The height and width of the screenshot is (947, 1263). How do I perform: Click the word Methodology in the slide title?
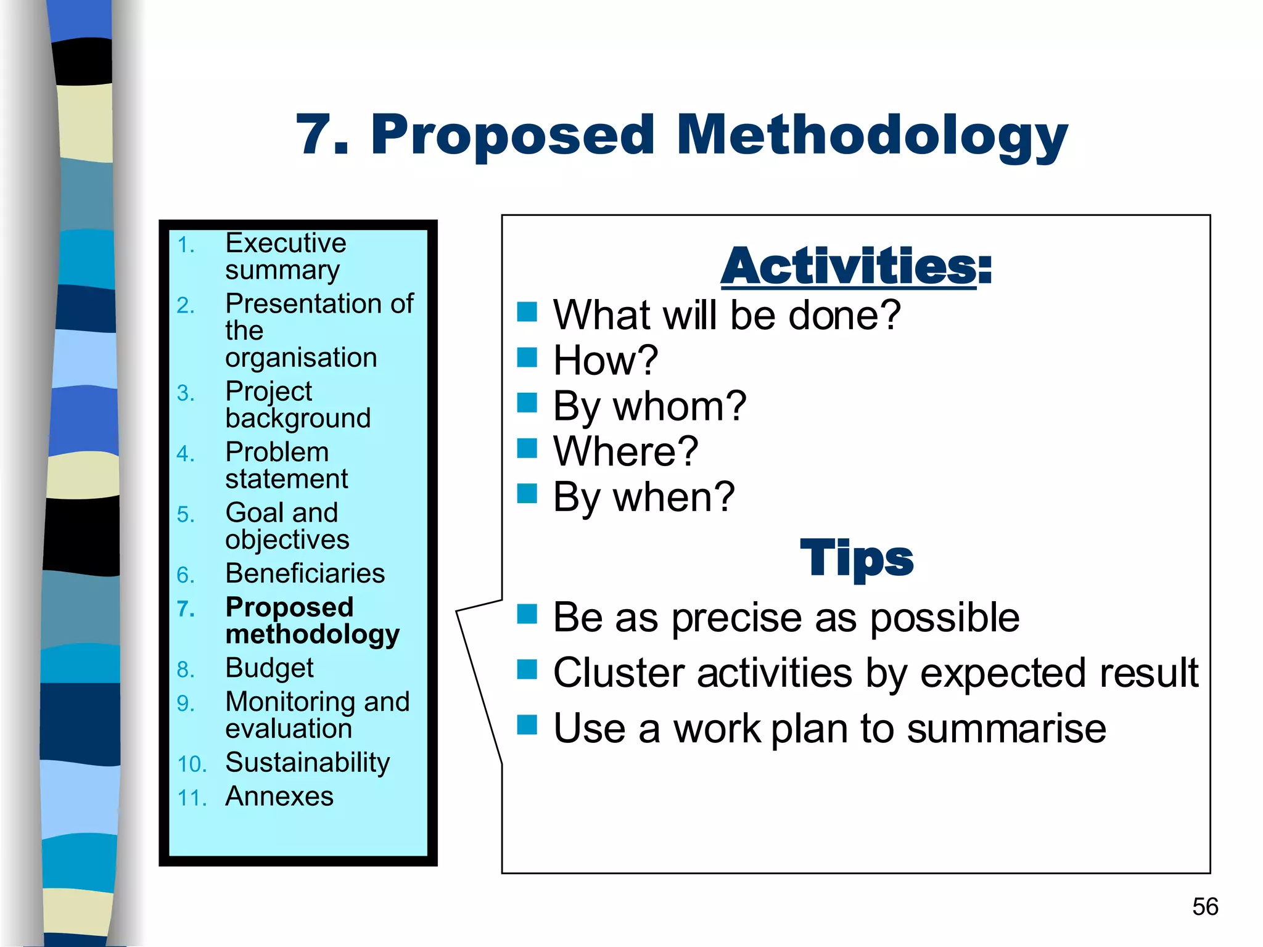[871, 136]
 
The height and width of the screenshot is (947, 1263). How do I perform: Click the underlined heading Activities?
[849, 266]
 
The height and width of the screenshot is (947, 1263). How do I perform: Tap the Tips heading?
[856, 557]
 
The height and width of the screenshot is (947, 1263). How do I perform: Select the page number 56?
[1204, 907]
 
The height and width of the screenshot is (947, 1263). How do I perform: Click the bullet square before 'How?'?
[527, 357]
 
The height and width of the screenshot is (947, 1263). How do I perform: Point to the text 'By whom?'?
[649, 407]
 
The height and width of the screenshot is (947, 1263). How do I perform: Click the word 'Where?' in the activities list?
[625, 451]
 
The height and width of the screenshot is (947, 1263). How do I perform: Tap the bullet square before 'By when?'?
[527, 494]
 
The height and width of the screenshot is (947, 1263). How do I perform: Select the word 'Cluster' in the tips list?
[619, 673]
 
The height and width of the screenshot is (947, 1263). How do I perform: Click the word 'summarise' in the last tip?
[1006, 729]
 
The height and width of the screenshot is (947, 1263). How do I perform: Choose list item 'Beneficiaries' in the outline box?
[305, 574]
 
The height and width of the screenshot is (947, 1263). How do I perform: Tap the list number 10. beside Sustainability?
[192, 765]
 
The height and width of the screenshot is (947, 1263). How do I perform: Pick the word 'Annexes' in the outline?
[279, 797]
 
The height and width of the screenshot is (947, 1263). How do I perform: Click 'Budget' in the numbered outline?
[269, 668]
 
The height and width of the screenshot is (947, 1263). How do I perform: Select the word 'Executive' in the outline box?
[286, 243]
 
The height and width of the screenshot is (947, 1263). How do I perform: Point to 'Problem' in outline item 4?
[277, 453]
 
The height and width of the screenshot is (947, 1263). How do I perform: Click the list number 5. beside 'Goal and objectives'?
[185, 515]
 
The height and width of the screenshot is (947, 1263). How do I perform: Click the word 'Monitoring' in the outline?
[290, 702]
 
